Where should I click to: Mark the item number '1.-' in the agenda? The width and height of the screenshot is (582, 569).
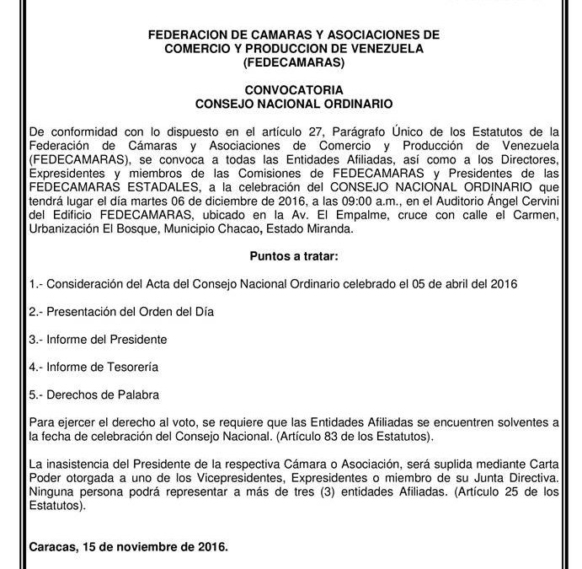[x=36, y=284]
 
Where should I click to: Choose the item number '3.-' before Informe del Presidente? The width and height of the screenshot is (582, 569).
[x=36, y=339]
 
